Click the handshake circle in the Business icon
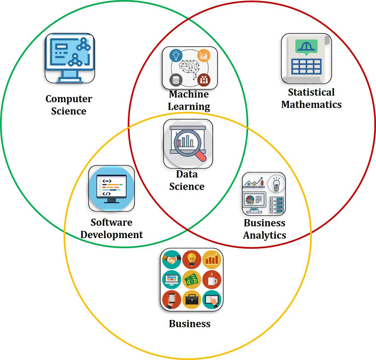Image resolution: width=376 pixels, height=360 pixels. (171, 259)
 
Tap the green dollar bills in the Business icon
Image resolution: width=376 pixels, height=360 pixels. (192, 280)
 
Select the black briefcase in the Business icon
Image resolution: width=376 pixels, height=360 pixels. (192, 299)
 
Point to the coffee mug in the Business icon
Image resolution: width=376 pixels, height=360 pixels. (212, 279)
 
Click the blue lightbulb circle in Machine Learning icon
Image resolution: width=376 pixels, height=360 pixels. (176, 55)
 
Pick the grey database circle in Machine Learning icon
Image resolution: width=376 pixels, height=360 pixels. (176, 79)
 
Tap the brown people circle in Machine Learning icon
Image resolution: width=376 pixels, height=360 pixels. (204, 79)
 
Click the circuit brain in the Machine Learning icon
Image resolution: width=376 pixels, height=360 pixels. (190, 68)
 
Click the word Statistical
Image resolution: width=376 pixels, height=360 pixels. (311, 92)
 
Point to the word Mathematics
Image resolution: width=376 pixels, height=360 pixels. (311, 104)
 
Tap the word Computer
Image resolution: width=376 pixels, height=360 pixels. (69, 99)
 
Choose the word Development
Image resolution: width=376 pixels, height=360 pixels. (112, 234)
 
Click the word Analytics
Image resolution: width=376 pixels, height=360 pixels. (265, 235)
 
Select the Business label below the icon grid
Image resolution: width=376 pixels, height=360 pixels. (190, 323)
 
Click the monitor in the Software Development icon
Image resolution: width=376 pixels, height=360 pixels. (111, 188)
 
